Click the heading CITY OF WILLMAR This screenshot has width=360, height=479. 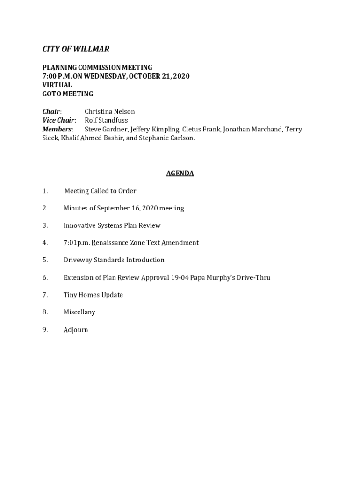tap(76, 49)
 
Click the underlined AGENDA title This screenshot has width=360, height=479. tap(180, 174)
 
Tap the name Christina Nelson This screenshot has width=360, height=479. tap(109, 112)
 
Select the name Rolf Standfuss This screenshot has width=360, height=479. tap(106, 120)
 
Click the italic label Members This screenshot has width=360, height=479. tap(57, 129)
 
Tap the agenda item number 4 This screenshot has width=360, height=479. tap(45, 243)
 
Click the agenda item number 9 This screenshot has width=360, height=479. tap(45, 330)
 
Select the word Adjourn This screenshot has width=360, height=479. tap(76, 330)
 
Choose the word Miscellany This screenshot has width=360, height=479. tap(79, 312)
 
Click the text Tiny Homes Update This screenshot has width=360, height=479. tap(93, 295)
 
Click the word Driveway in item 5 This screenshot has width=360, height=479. tap(78, 260)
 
